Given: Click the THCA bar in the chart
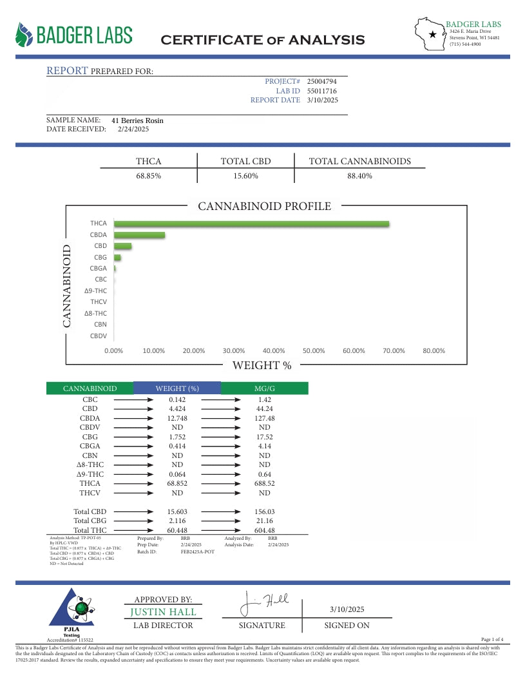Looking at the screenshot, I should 251,224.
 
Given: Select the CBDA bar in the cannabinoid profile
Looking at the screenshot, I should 139,235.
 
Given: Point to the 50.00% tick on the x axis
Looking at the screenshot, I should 314,351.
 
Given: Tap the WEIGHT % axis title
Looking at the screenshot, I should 262,366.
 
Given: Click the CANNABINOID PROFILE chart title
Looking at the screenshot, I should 264,207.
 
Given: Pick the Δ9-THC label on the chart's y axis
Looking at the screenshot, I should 95,291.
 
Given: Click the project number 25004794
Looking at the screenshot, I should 322,82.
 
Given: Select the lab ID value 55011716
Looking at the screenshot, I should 322,91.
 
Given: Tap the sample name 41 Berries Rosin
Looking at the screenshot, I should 137,120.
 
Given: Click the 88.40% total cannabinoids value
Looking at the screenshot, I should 359,176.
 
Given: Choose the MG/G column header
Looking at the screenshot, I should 264,388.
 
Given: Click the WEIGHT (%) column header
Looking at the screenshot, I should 177,388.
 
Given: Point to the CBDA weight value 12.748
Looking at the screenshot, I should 177,417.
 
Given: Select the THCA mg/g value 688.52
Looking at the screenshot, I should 264,483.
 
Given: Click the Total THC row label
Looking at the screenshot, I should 90,530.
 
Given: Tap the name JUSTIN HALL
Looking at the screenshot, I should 164,612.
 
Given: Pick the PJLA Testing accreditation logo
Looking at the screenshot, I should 72,609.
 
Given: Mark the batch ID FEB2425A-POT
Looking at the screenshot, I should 198,552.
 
